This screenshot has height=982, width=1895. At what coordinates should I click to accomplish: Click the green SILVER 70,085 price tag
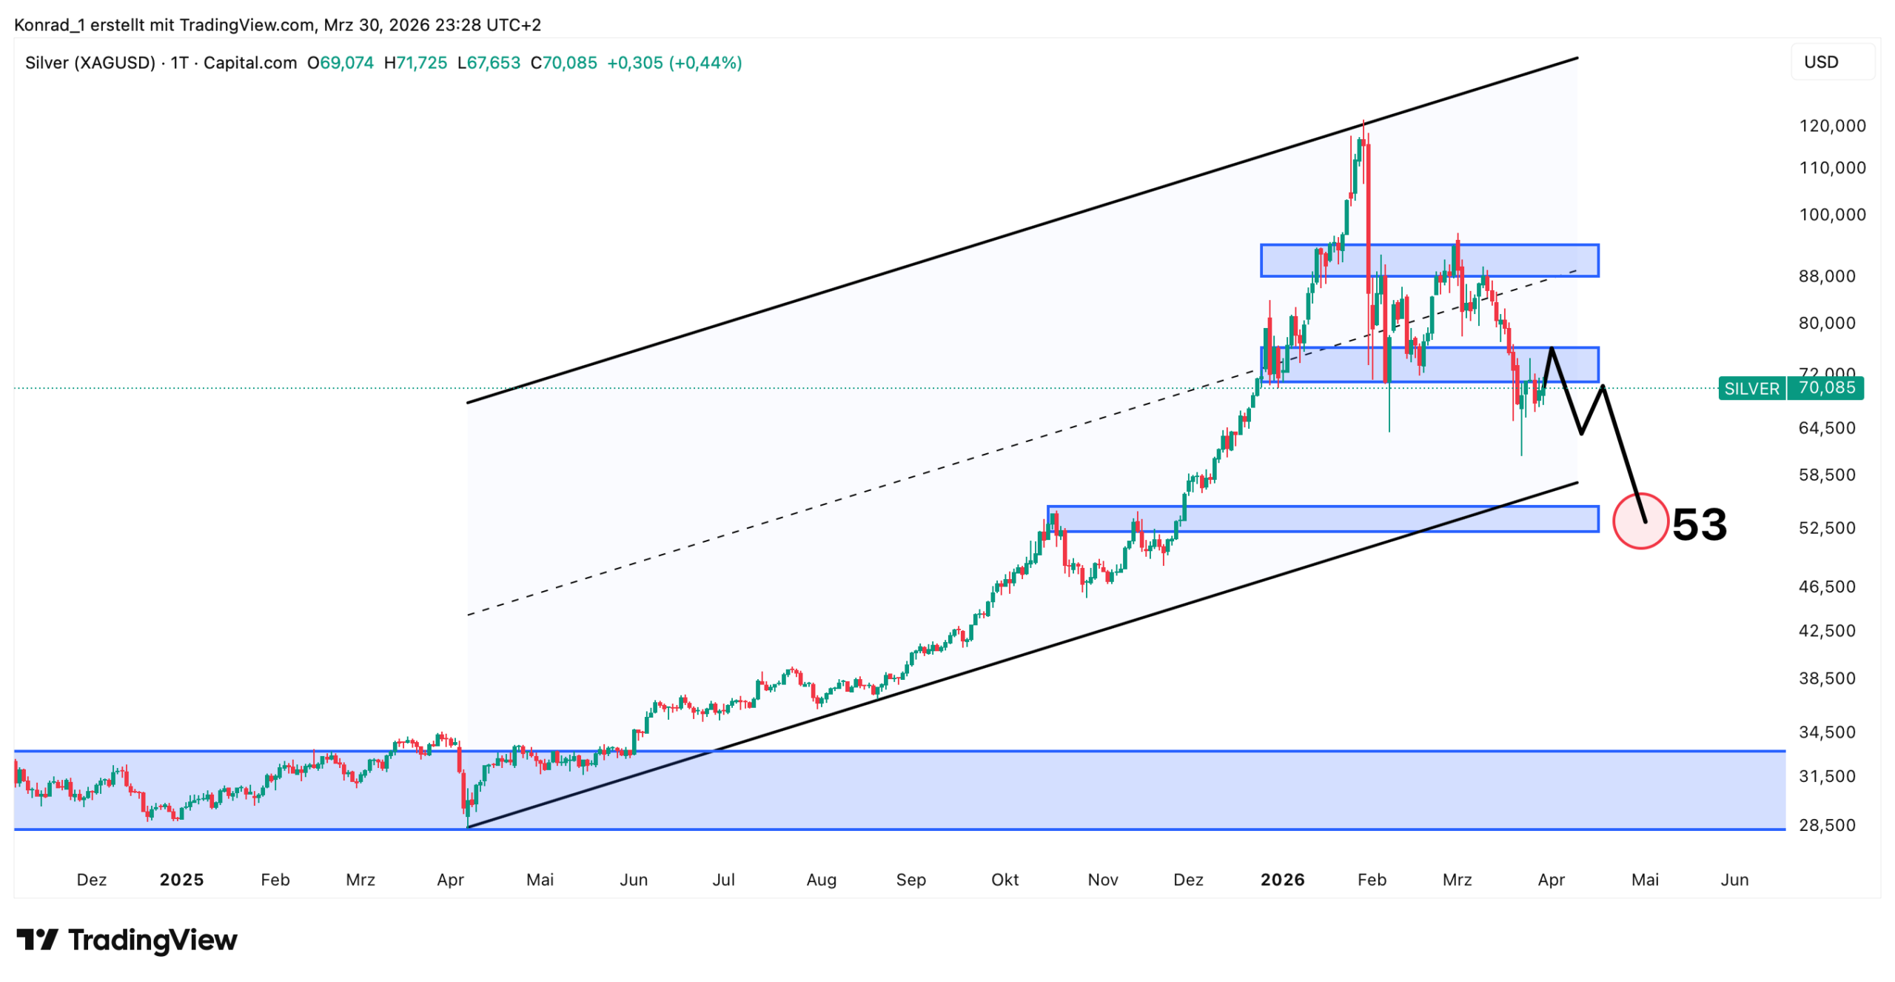tap(1789, 388)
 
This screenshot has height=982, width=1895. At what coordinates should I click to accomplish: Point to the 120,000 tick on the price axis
tap(1831, 126)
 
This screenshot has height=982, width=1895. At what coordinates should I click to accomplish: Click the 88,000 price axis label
tap(1826, 276)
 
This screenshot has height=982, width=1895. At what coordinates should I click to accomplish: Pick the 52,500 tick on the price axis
tap(1826, 528)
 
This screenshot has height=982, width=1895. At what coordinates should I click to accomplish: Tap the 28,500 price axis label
tap(1826, 825)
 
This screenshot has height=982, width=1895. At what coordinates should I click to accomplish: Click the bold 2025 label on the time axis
tap(181, 880)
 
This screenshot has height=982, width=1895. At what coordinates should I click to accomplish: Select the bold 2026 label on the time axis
tap(1282, 880)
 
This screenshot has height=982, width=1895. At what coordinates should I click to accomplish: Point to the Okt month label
tap(1004, 880)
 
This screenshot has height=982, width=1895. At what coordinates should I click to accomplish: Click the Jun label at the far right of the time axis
tap(1734, 880)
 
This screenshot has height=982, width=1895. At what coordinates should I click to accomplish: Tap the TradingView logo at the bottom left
tap(127, 941)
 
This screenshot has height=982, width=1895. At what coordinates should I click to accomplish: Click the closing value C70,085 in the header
tap(563, 63)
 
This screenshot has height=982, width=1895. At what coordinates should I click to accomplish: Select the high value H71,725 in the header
tap(415, 63)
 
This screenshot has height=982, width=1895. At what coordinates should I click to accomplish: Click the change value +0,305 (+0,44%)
tap(674, 63)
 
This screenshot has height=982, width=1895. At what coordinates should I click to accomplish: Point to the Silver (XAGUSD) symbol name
tap(90, 63)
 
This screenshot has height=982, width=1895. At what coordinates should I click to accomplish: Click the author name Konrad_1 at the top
tap(49, 25)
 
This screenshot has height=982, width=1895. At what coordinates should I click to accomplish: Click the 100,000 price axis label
tap(1831, 215)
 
